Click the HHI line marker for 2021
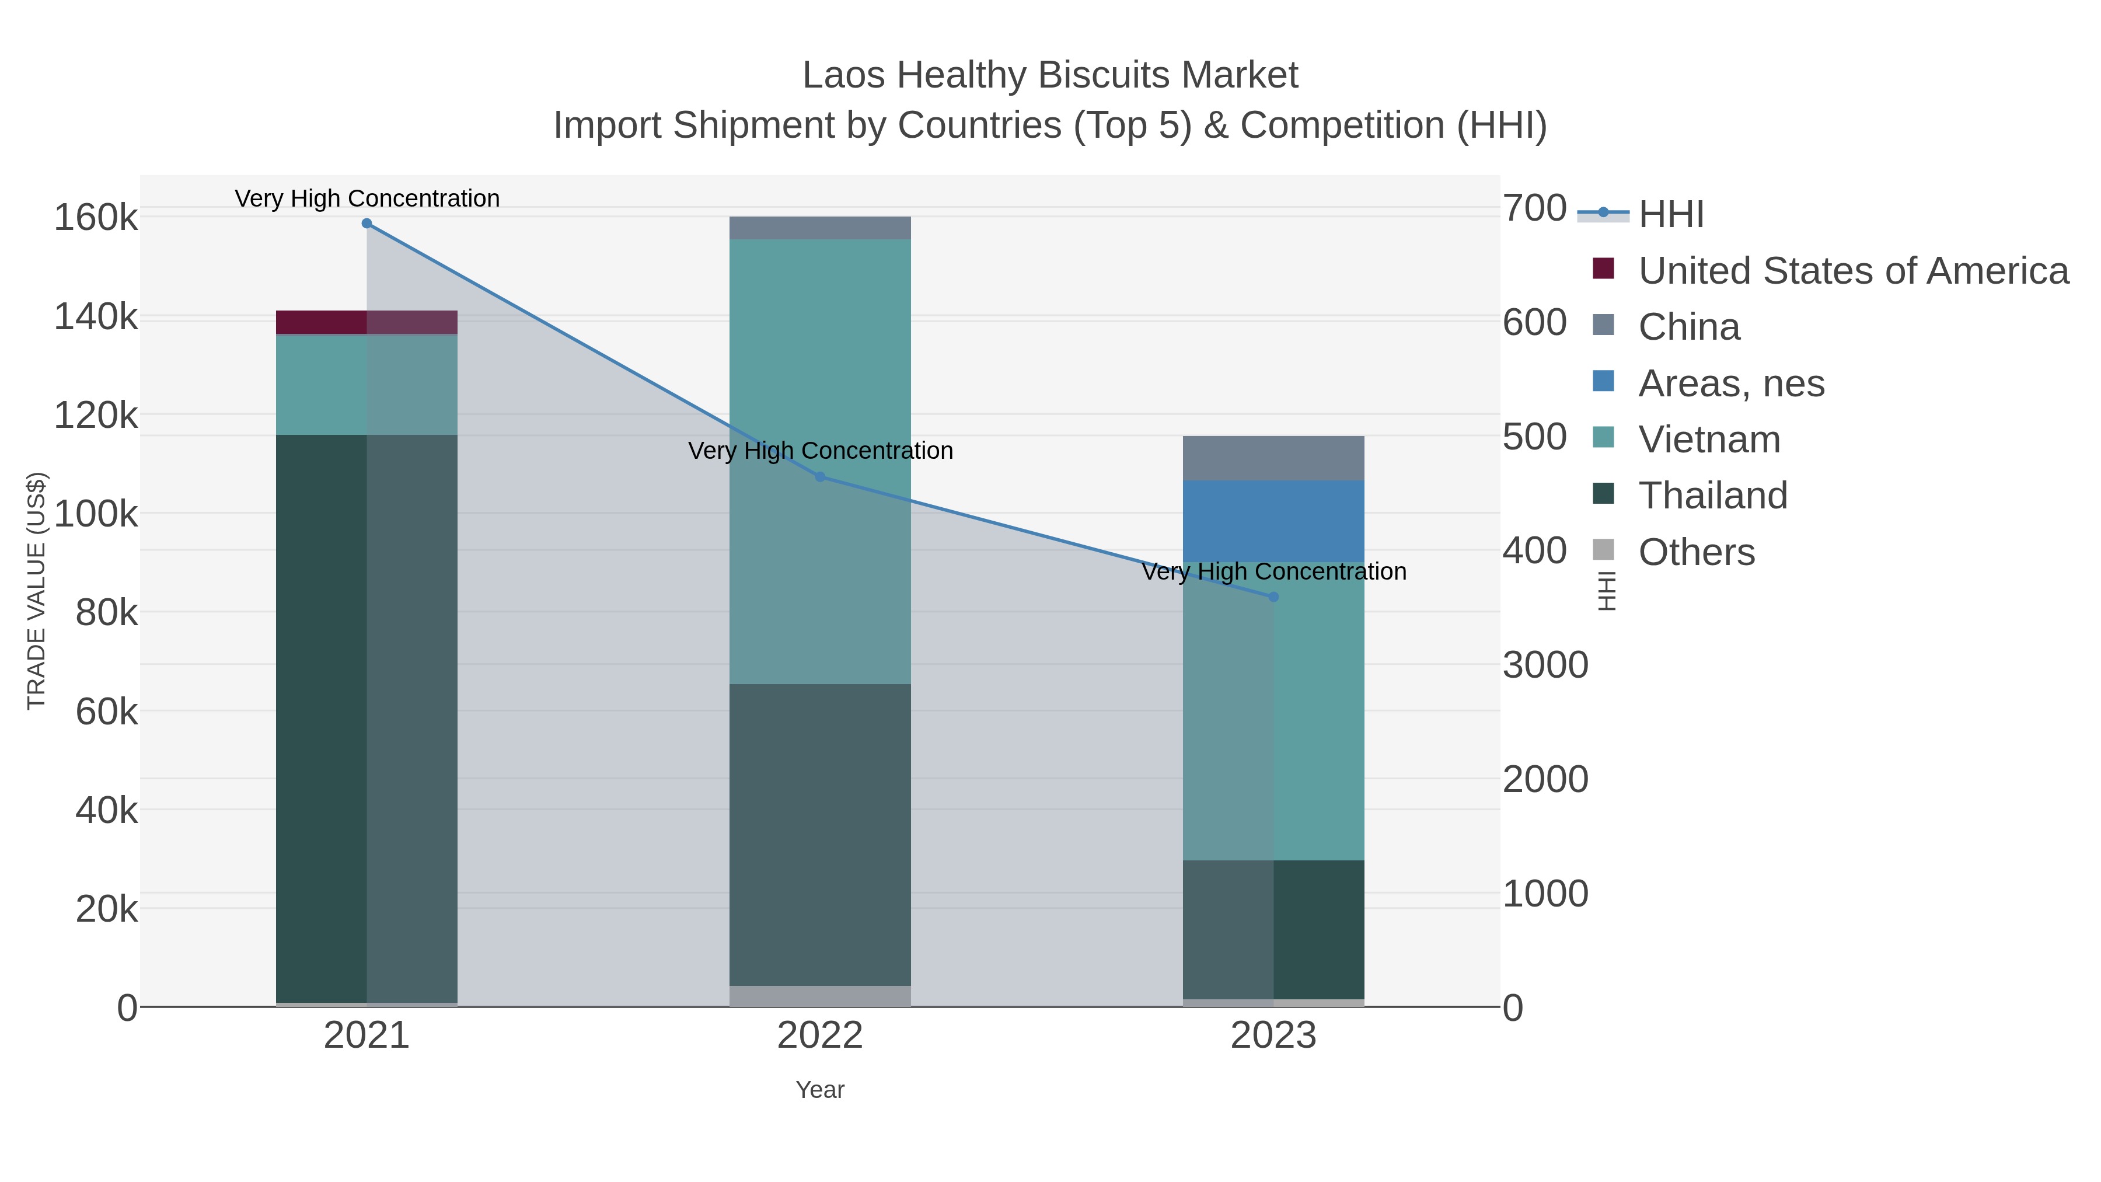click(366, 224)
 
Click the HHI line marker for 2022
click(820, 477)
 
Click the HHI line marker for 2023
click(1273, 597)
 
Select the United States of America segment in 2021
click(366, 322)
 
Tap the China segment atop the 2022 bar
click(820, 228)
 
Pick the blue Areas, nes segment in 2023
click(1273, 521)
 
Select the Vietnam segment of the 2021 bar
click(366, 384)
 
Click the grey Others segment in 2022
click(820, 995)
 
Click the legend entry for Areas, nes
click(1731, 383)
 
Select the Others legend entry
click(1697, 552)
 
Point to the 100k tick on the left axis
click(96, 514)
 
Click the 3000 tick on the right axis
click(1545, 665)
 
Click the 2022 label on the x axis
click(820, 1036)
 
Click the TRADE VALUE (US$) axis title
click(37, 591)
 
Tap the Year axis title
click(820, 1090)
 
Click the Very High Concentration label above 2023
click(1273, 571)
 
